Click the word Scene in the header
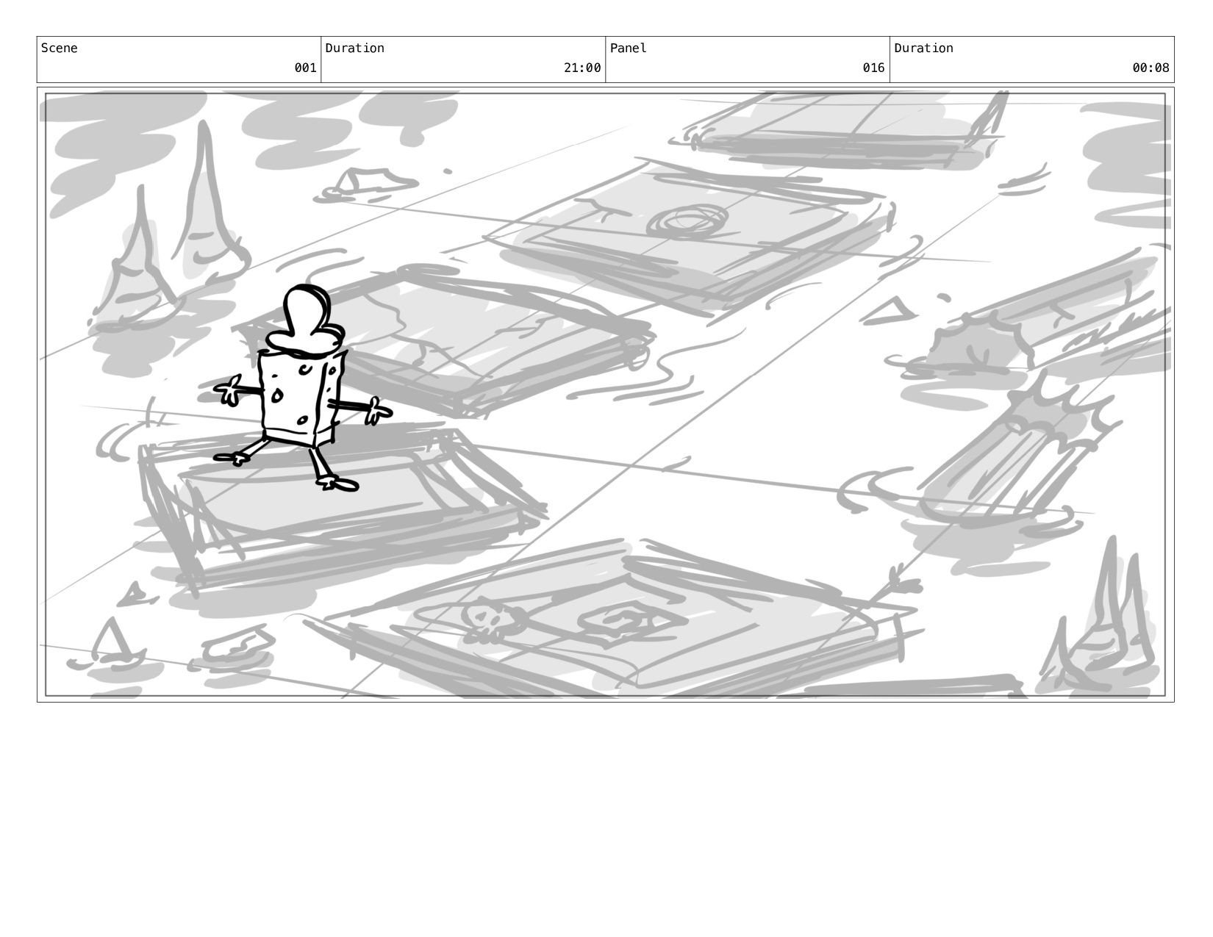coord(59,48)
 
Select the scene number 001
coord(305,68)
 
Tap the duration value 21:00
coord(582,68)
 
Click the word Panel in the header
coord(628,48)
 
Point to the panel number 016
coord(873,68)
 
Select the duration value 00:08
coord(1151,68)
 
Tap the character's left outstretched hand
coord(228,389)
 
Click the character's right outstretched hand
coord(378,411)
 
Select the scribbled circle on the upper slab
coord(687,221)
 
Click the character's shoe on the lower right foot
coord(338,484)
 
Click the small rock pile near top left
coord(368,182)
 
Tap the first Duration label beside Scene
coord(354,48)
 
